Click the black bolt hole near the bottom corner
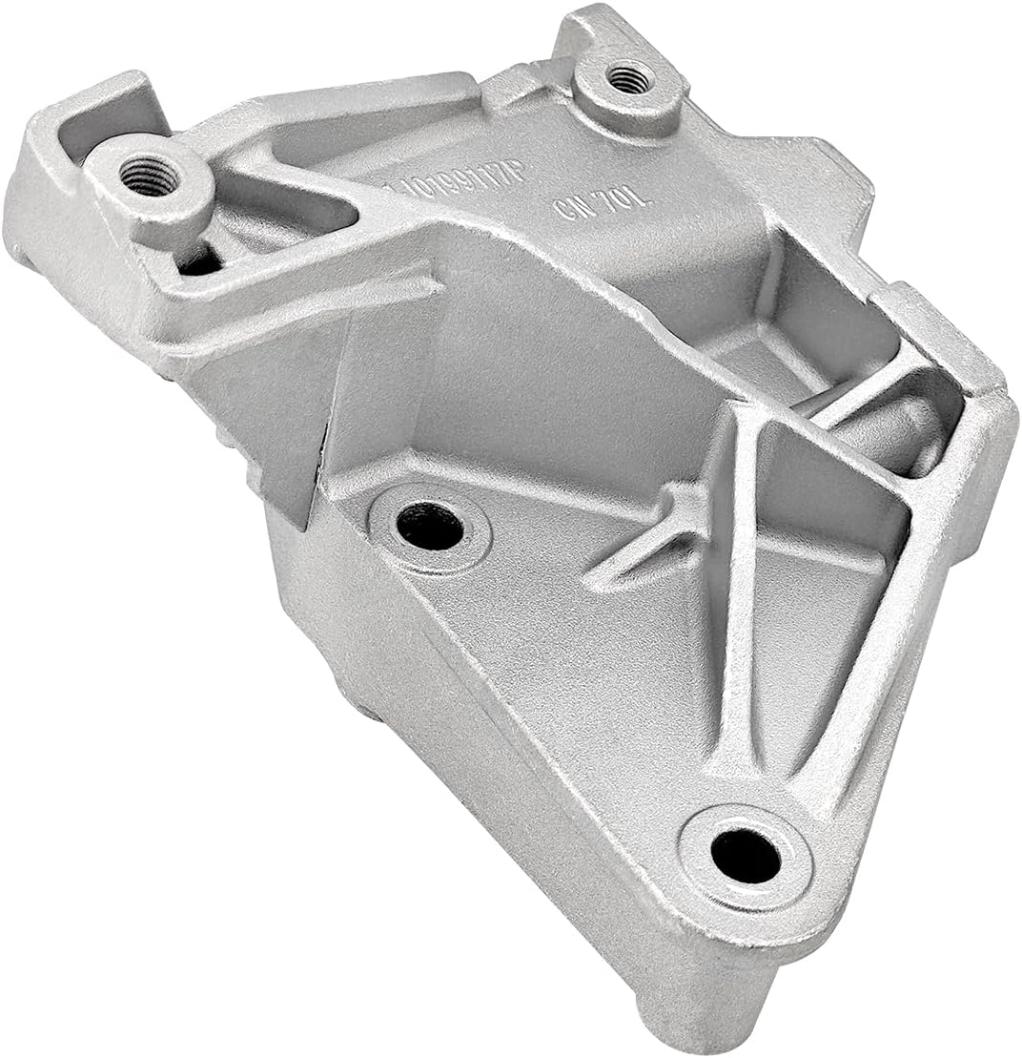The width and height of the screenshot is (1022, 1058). click(746, 855)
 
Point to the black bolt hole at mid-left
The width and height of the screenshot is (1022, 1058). click(430, 526)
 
